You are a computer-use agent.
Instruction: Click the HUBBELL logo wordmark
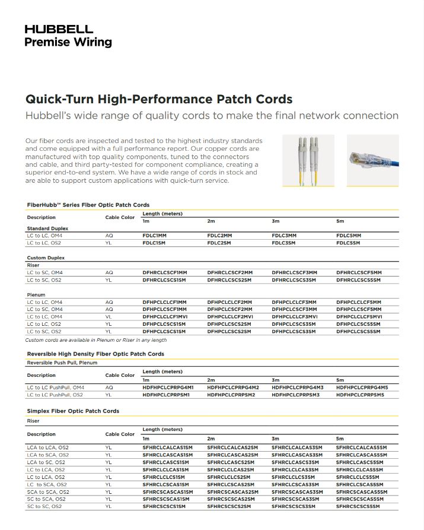59,29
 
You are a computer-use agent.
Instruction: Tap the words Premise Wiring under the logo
68,42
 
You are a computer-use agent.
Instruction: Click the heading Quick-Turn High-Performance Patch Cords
159,99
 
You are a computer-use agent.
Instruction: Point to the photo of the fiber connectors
308,160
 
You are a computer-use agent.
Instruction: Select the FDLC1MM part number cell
155,236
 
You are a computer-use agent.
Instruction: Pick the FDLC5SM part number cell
348,243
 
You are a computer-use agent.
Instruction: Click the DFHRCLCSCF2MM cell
229,272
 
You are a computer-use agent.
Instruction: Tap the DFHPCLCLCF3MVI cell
294,317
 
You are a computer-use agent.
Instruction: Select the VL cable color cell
109,317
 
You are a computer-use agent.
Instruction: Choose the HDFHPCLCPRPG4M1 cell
168,388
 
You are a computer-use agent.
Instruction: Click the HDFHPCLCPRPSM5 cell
361,395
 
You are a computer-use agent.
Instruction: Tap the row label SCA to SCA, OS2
48,492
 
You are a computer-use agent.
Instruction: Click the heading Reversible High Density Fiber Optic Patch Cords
95,354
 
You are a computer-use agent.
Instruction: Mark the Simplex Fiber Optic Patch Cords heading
73,411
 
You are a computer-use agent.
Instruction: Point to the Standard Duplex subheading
47,228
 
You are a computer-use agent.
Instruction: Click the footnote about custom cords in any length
95,340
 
